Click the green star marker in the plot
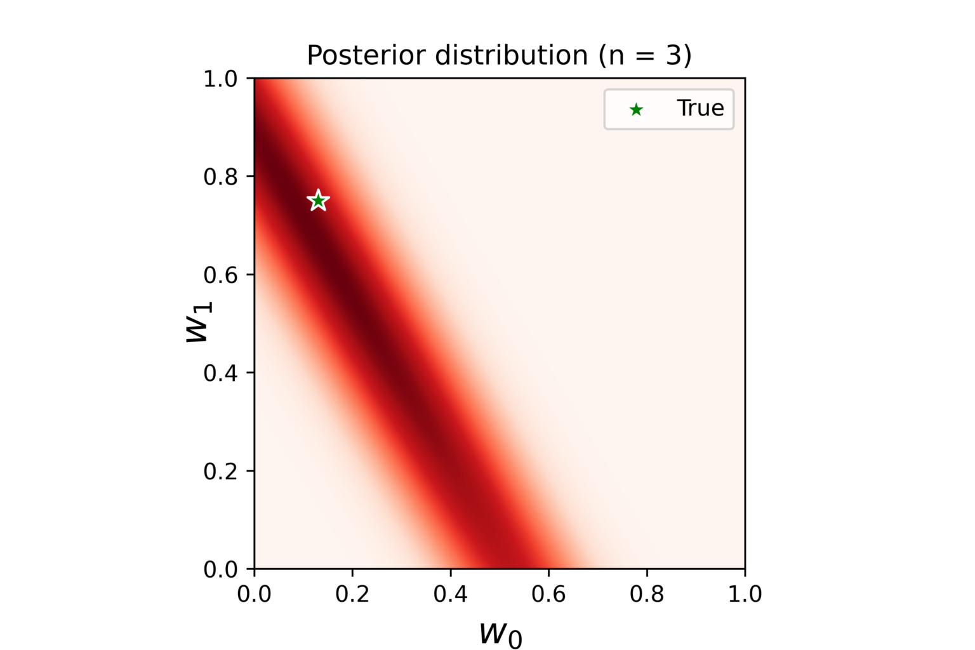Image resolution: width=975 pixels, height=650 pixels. tap(318, 201)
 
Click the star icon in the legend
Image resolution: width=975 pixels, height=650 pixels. tap(636, 110)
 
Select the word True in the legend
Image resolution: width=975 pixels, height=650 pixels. tap(700, 109)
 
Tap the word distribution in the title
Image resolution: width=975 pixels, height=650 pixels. tap(512, 56)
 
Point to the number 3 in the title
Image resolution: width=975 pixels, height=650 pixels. tap(673, 56)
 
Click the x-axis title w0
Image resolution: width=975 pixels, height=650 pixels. tap(500, 633)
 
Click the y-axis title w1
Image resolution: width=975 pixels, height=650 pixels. tap(198, 323)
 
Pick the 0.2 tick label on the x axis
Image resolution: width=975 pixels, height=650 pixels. tap(352, 594)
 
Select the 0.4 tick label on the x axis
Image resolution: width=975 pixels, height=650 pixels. tap(451, 594)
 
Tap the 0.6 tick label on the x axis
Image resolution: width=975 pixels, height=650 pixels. tap(548, 594)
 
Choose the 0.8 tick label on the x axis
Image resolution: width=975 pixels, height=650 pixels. tap(647, 594)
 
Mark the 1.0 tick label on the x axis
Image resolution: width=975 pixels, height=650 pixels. tap(745, 594)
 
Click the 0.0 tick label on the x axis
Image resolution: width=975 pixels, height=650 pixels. tap(255, 594)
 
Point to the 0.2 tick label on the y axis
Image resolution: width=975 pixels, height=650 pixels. tap(220, 472)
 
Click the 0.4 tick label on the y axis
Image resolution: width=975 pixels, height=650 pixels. tap(220, 373)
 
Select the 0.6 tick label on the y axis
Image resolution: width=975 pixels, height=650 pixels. tap(220, 275)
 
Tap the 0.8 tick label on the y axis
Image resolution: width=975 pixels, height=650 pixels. tap(220, 177)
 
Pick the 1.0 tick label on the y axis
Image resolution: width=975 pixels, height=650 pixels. tap(220, 79)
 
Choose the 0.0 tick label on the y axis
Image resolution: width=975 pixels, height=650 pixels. tap(220, 570)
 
